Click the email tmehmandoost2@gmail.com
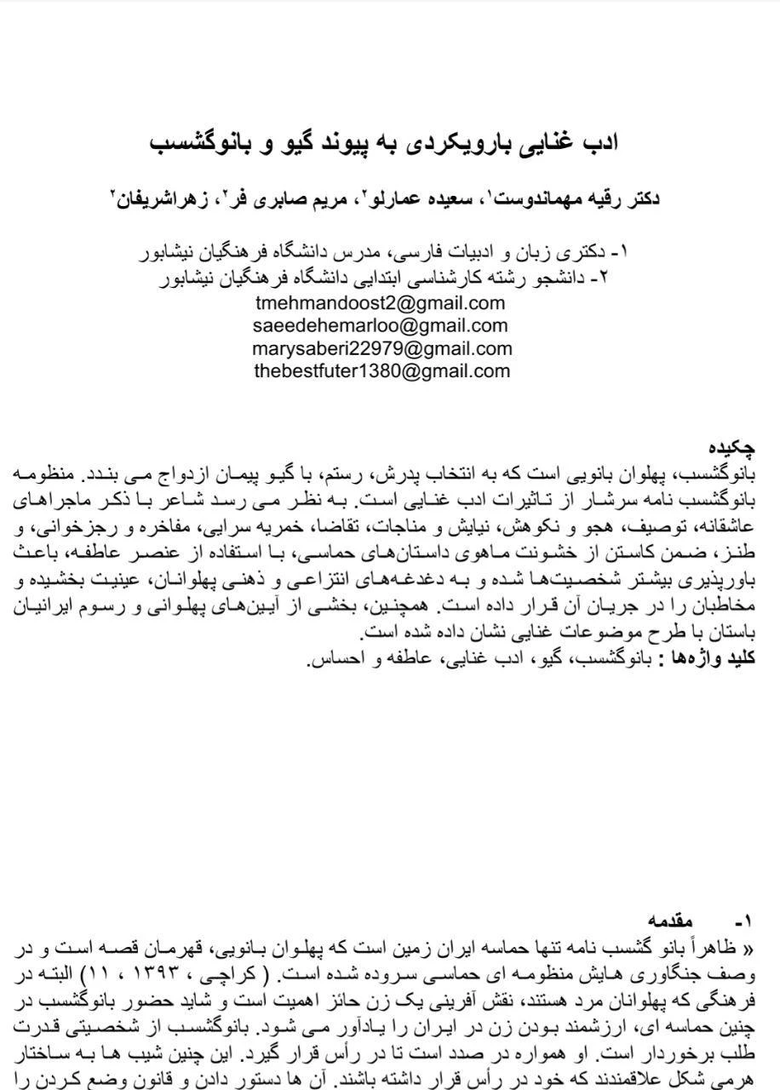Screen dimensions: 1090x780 [380, 303]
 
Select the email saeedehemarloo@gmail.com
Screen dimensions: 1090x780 [380, 325]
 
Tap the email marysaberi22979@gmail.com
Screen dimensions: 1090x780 [381, 348]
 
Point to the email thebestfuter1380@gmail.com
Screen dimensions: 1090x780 [381, 370]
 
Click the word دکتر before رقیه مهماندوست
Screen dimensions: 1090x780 [642, 199]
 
